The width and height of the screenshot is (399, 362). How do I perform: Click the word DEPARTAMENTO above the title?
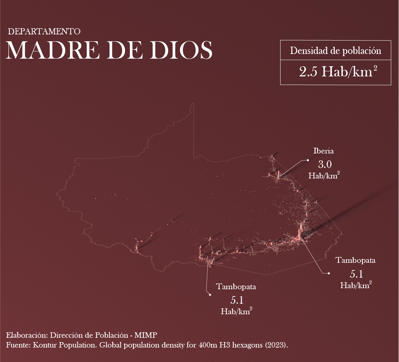tap(44, 31)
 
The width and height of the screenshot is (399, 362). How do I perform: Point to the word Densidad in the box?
tap(308, 51)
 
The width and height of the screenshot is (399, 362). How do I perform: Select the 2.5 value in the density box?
tap(308, 72)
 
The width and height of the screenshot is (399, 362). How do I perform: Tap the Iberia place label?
tap(323, 151)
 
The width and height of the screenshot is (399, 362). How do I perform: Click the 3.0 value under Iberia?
tap(325, 165)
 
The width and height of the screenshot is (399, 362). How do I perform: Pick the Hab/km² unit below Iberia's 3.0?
tap(324, 176)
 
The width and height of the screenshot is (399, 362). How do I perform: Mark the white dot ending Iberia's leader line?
tap(308, 160)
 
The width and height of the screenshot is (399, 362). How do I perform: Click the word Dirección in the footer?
tap(67, 335)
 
